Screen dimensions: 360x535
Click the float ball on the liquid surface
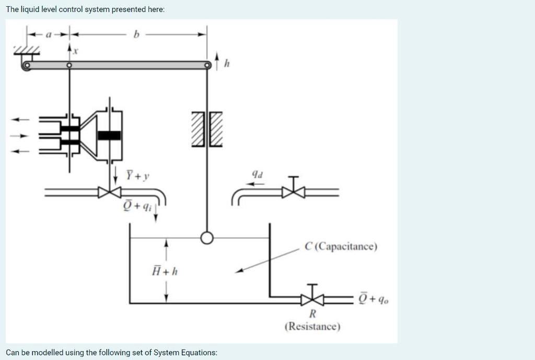coord(207,238)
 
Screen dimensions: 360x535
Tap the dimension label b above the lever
coord(137,36)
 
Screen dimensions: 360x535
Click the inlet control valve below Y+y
coord(110,192)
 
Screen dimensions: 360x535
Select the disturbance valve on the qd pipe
coord(294,191)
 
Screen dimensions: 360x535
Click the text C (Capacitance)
coord(341,246)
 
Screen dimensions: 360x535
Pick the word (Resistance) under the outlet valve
coord(312,327)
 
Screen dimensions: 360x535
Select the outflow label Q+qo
coord(374,298)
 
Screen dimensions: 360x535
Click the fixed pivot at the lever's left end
coord(26,65)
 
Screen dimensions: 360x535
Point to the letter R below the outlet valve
coord(312,313)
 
